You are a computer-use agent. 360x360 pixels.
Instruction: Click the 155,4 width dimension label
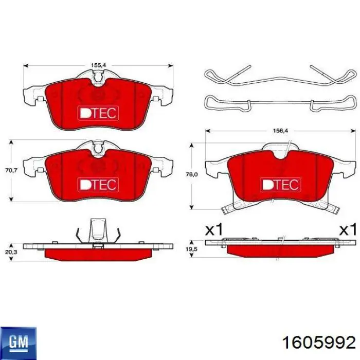pos(98,65)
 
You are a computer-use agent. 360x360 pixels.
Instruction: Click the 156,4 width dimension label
pos(280,131)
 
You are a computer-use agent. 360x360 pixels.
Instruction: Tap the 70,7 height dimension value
pos(11,170)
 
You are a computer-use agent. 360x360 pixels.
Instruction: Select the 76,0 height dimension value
pos(191,175)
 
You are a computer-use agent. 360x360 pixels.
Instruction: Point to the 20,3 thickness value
pos(11,252)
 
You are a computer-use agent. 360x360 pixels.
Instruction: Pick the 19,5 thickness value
pos(191,249)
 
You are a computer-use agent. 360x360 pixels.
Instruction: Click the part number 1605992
pos(319,343)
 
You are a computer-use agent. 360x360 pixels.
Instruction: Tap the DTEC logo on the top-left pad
pos(98,113)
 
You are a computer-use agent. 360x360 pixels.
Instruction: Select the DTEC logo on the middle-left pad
pos(98,185)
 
